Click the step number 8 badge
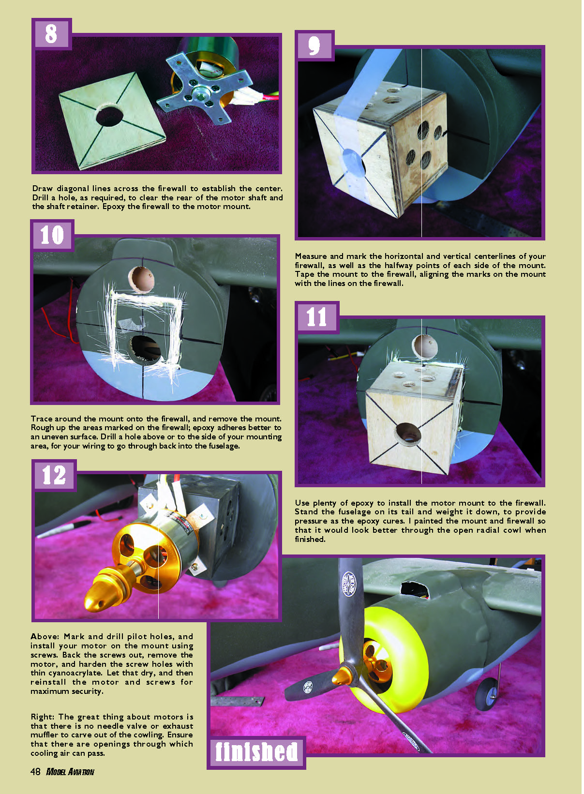pos(52,34)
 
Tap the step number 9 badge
pos(314,46)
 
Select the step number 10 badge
pos(52,235)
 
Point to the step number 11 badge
pos(317,317)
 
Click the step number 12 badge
pos(54,475)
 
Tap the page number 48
pos(35,772)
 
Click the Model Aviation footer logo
pos(70,772)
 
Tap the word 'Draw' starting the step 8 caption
pos(42,189)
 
